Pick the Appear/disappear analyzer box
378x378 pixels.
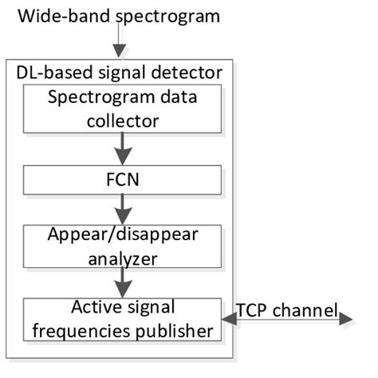coord(120,245)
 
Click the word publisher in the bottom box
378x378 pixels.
coord(174,329)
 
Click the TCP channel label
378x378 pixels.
coord(286,309)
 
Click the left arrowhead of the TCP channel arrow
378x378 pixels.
coord(228,319)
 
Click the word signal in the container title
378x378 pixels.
coord(116,74)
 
